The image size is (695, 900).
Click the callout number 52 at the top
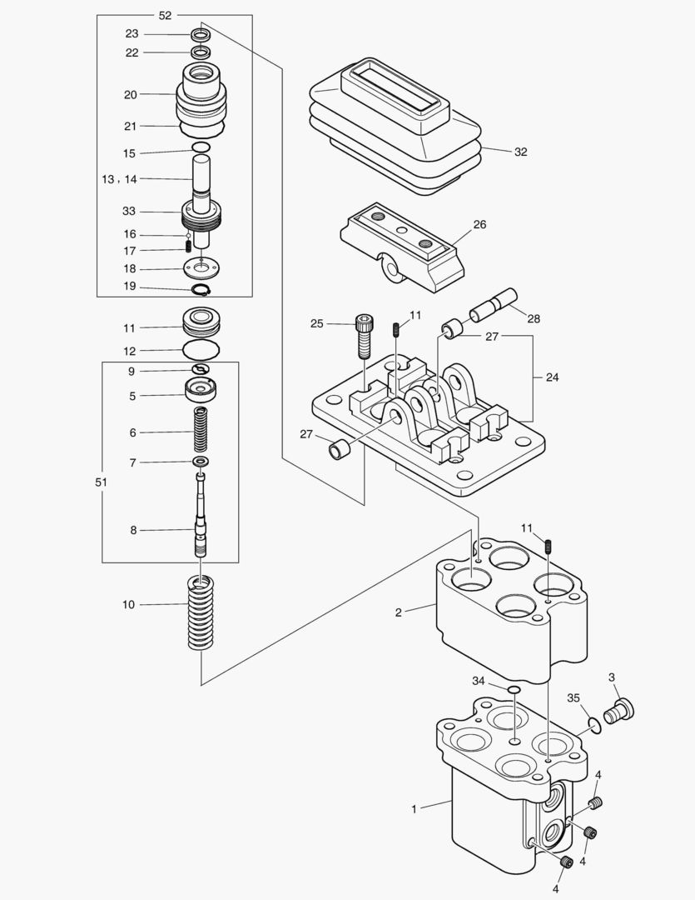[165, 15]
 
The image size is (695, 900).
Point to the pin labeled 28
[493, 304]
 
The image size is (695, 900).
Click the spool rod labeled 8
[201, 517]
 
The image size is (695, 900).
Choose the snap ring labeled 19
[201, 289]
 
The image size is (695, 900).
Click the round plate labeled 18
[201, 269]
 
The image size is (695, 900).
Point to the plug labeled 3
[619, 712]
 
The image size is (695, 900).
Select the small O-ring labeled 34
[514, 689]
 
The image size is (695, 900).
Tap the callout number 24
[553, 377]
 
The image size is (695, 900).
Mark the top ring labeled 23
[200, 35]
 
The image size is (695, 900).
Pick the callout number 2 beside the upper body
[398, 612]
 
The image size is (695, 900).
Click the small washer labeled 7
[200, 462]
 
